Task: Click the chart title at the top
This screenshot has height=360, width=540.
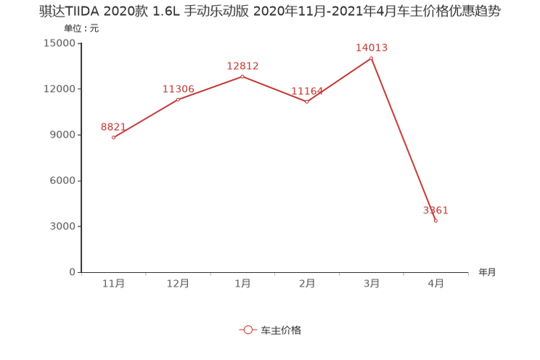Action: [x=269, y=12]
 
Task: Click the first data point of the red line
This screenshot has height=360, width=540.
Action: [x=113, y=137]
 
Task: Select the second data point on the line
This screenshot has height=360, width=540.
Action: [x=178, y=99]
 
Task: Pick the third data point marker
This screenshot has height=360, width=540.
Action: [x=242, y=75]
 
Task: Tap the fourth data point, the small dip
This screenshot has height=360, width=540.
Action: [x=307, y=102]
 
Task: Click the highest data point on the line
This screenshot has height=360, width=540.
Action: [x=372, y=57]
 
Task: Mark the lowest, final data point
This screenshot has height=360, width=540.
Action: [x=435, y=221]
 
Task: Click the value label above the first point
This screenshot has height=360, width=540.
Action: [x=111, y=127]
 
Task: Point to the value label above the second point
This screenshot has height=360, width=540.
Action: [x=178, y=89]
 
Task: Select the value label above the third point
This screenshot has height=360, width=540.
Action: [x=242, y=65]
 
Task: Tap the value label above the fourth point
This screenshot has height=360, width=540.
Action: [x=307, y=91]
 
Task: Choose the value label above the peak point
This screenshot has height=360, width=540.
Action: [x=372, y=47]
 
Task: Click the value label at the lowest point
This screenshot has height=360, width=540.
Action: [x=436, y=210]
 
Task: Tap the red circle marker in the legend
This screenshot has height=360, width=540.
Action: [x=248, y=330]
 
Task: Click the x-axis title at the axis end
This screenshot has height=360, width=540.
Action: [x=486, y=273]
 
